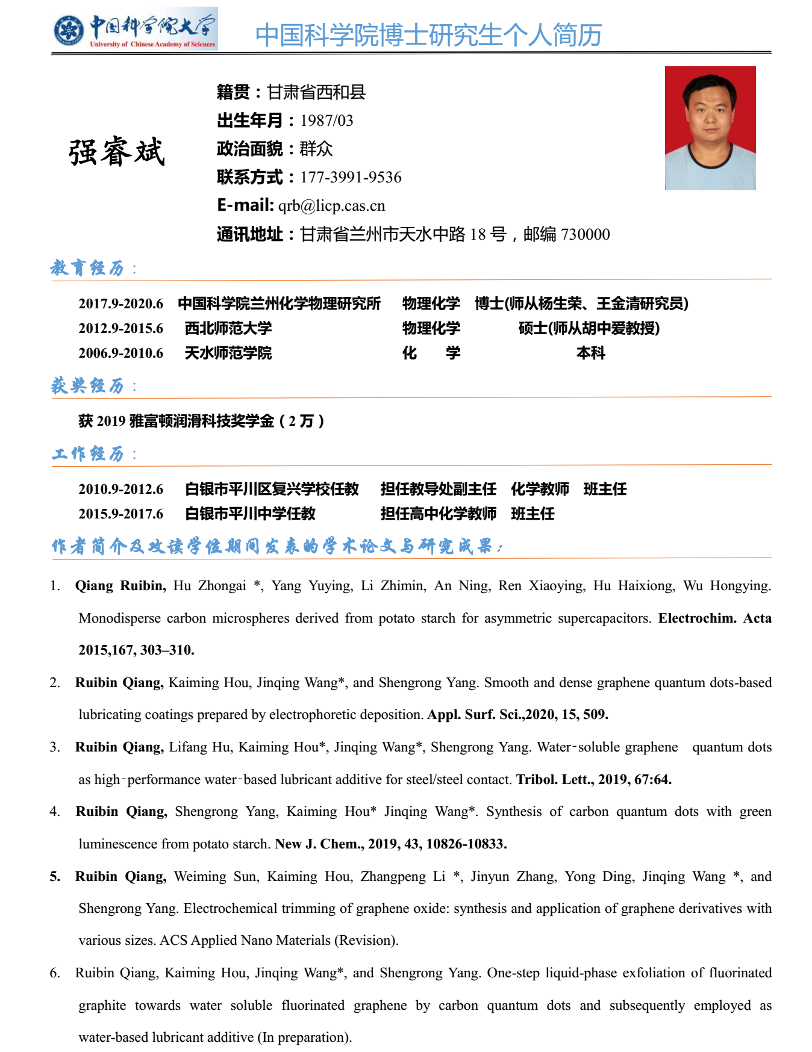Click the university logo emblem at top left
point(69,30)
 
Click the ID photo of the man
point(710,128)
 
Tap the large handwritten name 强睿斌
point(116,152)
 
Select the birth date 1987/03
point(326,121)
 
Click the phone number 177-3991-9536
point(351,178)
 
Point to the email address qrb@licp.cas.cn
point(331,206)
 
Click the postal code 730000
point(585,234)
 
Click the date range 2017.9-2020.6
point(120,303)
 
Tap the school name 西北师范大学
point(228,328)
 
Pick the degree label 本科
point(590,353)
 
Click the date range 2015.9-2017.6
point(120,514)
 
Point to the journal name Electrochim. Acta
point(714,618)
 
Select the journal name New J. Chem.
point(319,844)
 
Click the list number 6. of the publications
point(55,973)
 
